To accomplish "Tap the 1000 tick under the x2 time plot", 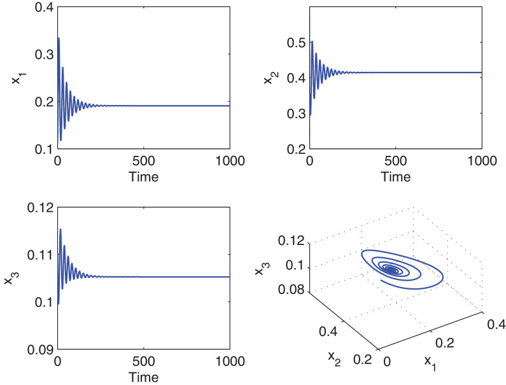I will (x=481, y=160).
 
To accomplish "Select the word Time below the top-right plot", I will (x=396, y=177).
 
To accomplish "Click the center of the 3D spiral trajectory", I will (x=393, y=270).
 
